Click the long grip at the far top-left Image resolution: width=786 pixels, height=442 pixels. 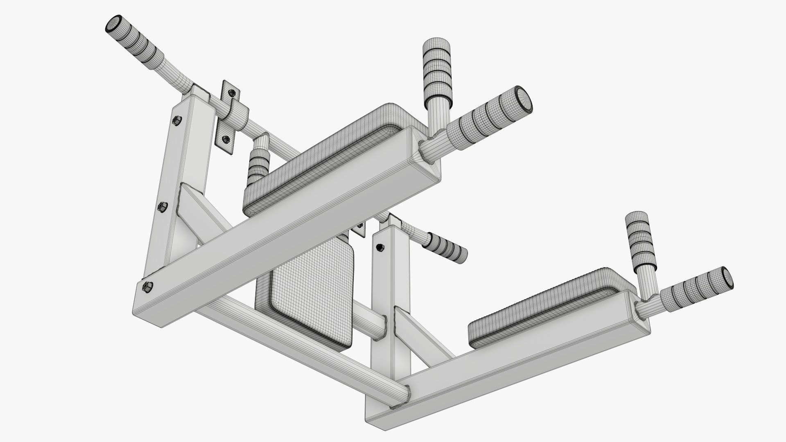137,41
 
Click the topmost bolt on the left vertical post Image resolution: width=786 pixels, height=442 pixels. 177,120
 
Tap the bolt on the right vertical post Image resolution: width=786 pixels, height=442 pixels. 379,247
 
